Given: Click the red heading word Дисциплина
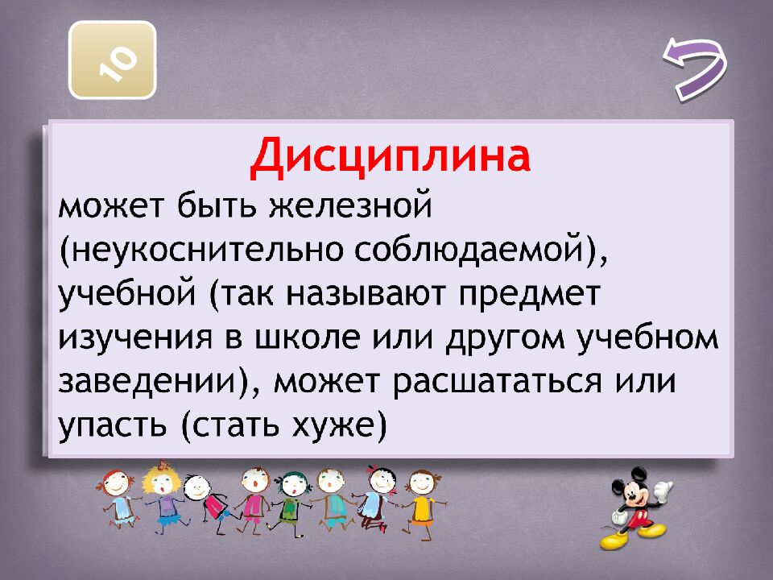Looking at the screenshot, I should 390,158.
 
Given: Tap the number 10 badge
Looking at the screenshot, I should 112,60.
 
